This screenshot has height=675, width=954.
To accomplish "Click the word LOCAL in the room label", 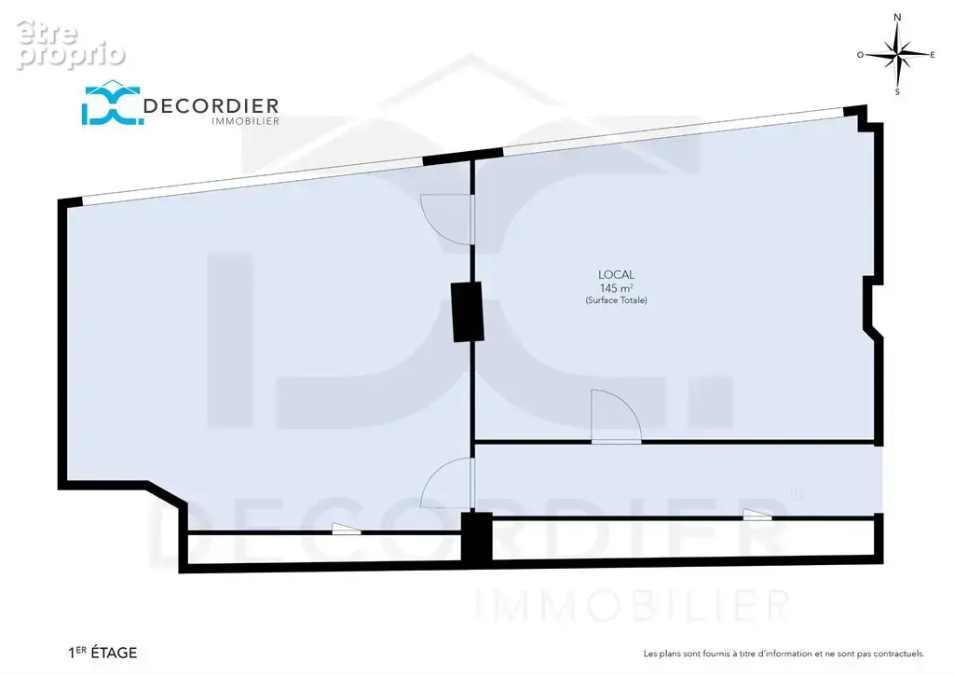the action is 617,275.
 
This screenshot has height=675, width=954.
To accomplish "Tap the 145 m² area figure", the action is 617,288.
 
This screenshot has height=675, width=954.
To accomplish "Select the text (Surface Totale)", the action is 617,300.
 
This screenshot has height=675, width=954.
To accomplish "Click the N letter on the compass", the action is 897,17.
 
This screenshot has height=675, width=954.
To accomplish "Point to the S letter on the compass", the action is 897,92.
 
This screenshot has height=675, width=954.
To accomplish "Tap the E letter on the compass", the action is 932,55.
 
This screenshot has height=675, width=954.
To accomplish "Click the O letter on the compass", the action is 860,55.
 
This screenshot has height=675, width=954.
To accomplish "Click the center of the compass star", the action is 897,55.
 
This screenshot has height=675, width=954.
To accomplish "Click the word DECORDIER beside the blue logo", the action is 211,106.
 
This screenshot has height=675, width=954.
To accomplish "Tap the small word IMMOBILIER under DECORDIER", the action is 245,121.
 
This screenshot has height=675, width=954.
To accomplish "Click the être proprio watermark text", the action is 71,44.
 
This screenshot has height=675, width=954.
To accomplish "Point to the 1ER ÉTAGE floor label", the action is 102,653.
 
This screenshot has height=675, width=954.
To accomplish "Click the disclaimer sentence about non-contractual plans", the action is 784,654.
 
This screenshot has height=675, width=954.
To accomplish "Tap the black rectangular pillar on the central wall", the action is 468,311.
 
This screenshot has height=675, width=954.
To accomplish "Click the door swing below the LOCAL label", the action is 616,416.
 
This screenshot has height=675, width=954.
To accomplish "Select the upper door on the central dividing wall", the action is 447,219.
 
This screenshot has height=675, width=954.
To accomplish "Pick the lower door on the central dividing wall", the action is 447,483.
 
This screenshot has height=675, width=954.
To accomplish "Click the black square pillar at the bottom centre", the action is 476,537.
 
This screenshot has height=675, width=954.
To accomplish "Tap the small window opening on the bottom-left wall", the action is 347,529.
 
